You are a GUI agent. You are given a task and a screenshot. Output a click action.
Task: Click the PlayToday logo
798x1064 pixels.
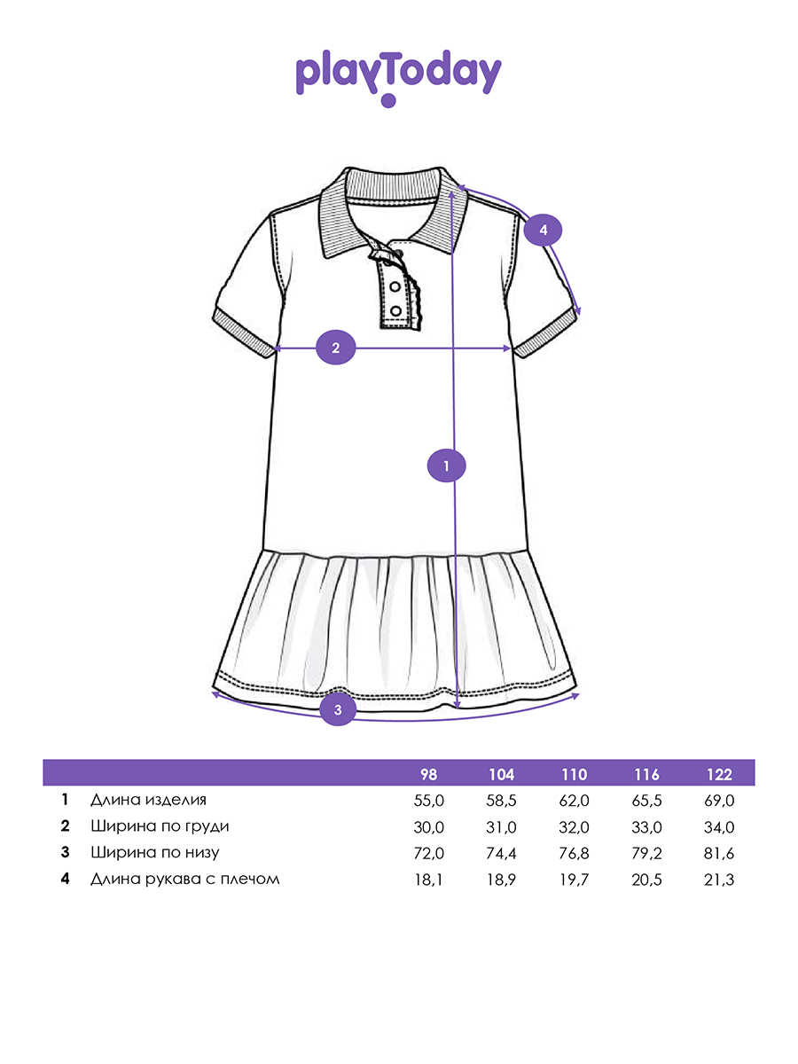pyautogui.click(x=398, y=76)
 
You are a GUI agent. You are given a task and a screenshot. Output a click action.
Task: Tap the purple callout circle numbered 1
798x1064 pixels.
pyautogui.click(x=447, y=465)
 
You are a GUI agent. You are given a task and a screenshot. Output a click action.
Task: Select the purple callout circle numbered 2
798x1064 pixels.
pyautogui.click(x=336, y=348)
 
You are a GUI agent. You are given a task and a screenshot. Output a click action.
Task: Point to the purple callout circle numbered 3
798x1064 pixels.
pyautogui.click(x=338, y=708)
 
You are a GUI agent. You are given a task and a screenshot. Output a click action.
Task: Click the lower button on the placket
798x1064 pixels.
pyautogui.click(x=395, y=309)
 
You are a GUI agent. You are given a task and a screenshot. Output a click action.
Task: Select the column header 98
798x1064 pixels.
pyautogui.click(x=428, y=774)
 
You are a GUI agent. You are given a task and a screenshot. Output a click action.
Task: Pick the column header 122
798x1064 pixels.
pyautogui.click(x=720, y=774)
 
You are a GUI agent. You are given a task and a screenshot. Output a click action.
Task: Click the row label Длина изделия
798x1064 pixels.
pyautogui.click(x=148, y=800)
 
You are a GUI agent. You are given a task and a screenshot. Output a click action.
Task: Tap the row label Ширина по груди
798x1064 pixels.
pyautogui.click(x=160, y=826)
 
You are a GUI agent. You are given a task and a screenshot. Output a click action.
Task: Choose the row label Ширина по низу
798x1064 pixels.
pyautogui.click(x=154, y=853)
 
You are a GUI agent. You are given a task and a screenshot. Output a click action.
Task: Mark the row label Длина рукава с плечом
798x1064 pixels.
pyautogui.click(x=184, y=879)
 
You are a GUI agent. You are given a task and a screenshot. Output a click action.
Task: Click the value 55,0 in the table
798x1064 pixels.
pyautogui.click(x=429, y=801)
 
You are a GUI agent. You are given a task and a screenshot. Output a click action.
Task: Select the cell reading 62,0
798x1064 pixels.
pyautogui.click(x=575, y=801)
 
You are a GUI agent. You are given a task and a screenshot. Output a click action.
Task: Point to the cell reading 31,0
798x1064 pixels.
pyautogui.click(x=502, y=827)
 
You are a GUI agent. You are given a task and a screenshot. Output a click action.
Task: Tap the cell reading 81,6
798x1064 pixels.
pyautogui.click(x=720, y=853)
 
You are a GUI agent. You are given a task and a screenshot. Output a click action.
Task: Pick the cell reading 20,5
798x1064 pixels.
pyautogui.click(x=647, y=880)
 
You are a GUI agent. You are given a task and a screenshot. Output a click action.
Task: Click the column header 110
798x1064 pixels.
pyautogui.click(x=575, y=774)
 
